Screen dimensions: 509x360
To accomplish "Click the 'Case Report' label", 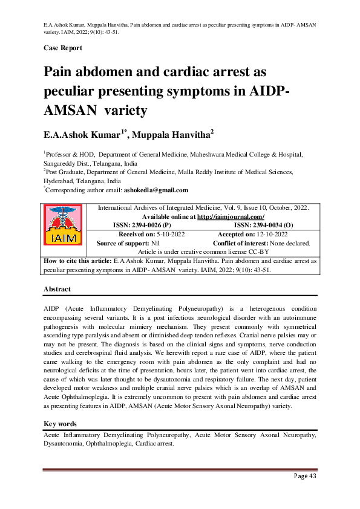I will coord(63,48).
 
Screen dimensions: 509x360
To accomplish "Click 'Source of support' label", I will coord(125,243).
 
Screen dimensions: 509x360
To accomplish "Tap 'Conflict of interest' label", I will coord(241,243).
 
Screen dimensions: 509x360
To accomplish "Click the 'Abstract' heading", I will coord(57,290).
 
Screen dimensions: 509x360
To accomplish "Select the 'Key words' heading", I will coord(59,424).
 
